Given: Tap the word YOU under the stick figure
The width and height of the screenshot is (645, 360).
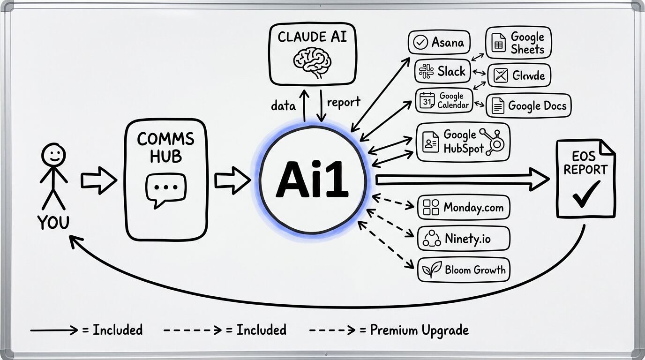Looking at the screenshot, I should (x=53, y=222).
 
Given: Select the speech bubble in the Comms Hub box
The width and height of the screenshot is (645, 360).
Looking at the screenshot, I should (x=166, y=190).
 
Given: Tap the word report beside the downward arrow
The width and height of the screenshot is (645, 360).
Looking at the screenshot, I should (x=344, y=102).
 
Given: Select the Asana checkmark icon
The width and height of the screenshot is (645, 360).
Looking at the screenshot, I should (x=420, y=43).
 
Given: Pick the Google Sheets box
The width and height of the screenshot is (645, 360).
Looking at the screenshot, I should (x=518, y=43).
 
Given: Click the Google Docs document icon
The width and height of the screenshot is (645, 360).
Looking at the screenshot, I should (x=498, y=106).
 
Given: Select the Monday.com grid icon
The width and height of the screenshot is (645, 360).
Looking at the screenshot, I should (x=431, y=207).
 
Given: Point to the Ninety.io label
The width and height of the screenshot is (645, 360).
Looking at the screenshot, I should (x=467, y=239).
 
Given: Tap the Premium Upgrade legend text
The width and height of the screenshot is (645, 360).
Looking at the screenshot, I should (x=419, y=330).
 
